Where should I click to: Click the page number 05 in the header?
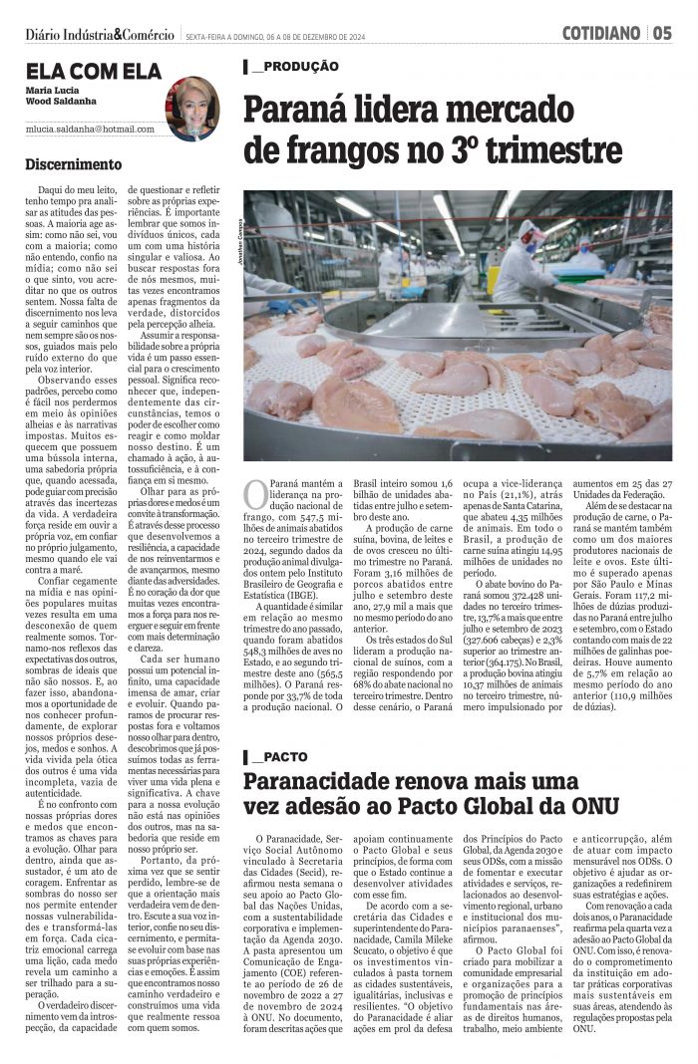coord(663,33)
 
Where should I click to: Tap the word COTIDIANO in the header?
coord(600,33)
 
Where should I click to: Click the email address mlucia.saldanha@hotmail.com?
coord(92,130)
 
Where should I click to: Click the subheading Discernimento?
coord(74,164)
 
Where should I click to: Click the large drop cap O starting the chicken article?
coord(255,495)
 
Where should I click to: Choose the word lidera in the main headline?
coord(408,107)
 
